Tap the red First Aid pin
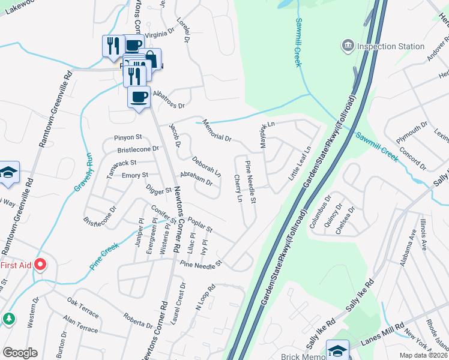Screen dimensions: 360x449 click(41, 265)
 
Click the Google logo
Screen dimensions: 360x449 click(20, 353)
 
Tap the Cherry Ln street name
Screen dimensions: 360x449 click(239, 188)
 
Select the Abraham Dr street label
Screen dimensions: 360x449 click(196, 179)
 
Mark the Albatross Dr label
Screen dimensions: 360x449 click(169, 100)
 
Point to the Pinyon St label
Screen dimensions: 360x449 click(128, 137)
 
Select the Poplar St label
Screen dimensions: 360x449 click(200, 225)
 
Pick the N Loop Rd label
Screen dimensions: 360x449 click(205, 298)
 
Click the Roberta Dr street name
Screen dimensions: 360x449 click(138, 321)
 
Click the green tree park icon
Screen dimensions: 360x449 click(10, 318)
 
